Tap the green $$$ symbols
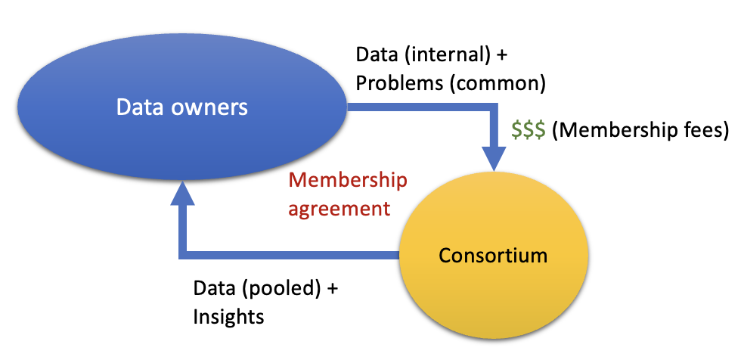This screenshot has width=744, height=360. (528, 130)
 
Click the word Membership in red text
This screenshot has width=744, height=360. (349, 181)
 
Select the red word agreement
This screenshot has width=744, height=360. (339, 207)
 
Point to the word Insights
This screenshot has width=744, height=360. (229, 315)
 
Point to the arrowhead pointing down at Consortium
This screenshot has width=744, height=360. (494, 158)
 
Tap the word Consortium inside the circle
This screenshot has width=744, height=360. (493, 255)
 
